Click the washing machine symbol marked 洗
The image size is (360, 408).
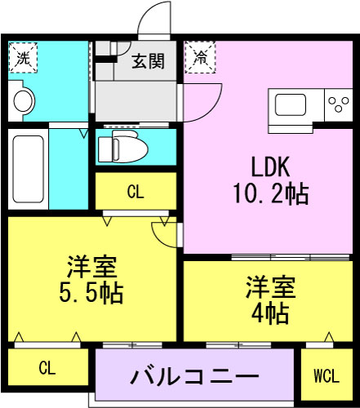click(23, 57)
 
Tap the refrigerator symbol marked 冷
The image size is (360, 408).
click(200, 57)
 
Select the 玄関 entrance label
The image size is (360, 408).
click(149, 61)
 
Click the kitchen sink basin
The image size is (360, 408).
click(291, 105)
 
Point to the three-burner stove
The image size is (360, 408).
click(339, 104)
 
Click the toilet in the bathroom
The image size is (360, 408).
click(122, 146)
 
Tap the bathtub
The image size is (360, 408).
click(28, 169)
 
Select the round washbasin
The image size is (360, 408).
click(24, 101)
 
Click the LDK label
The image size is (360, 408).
click(270, 167)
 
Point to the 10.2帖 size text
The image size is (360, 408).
click(271, 194)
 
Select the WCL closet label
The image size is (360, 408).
click(327, 376)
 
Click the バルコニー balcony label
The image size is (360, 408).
click(195, 376)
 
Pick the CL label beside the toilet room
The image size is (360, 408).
click(136, 192)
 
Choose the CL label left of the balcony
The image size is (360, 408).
click(47, 368)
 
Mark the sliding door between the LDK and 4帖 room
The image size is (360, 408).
click(291, 257)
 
